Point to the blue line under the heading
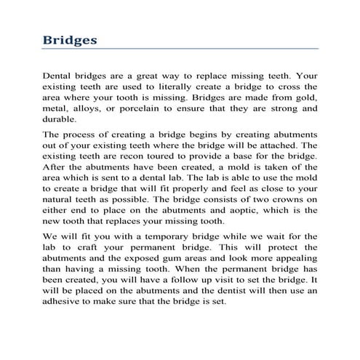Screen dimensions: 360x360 click(x=180, y=49)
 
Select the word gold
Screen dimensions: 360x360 click(x=308, y=96)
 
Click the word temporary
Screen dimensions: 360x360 click(x=158, y=237)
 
